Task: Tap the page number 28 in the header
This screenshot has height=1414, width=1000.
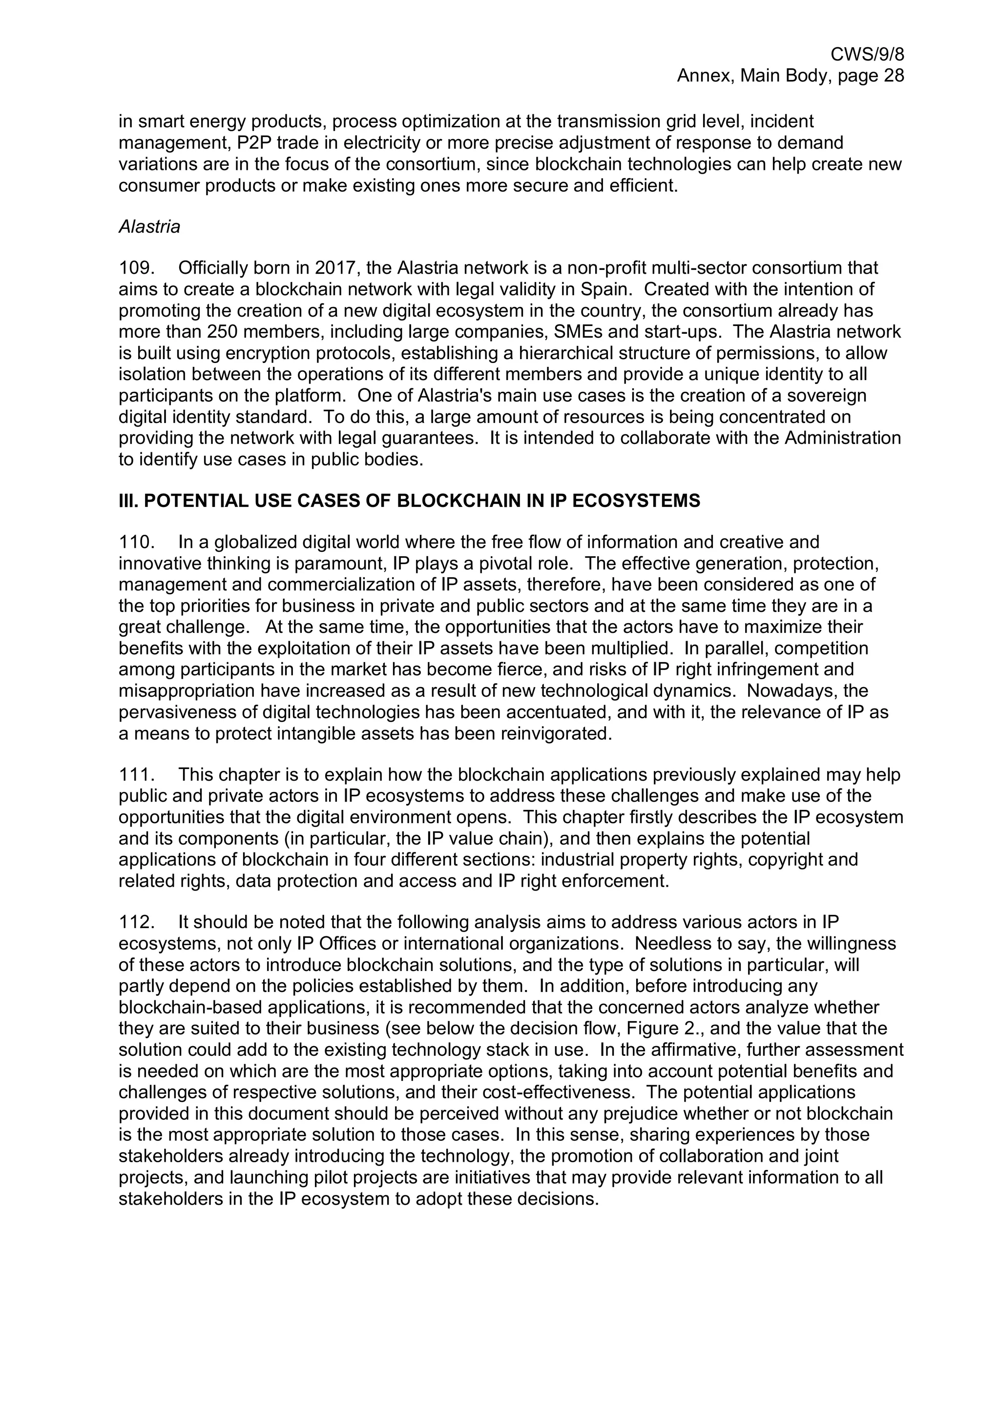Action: click(892, 76)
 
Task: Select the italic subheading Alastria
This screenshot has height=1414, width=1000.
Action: click(149, 226)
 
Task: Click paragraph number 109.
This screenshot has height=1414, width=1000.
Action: click(136, 268)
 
